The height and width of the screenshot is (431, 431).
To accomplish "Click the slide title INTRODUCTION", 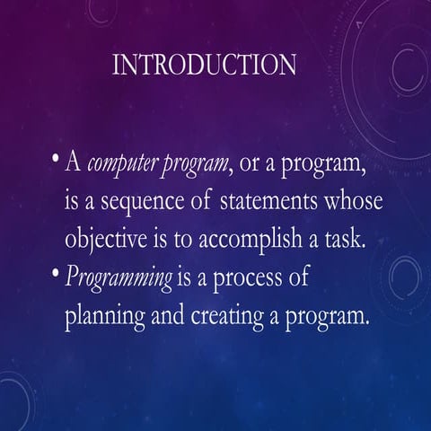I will tap(206, 65).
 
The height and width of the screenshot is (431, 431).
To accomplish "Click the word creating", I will tap(223, 318).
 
